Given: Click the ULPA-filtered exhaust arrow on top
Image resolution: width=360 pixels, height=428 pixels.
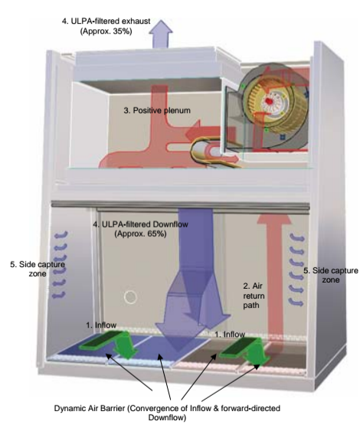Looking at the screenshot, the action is point(161,34).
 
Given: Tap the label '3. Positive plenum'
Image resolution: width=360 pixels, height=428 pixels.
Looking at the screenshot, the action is point(157,110).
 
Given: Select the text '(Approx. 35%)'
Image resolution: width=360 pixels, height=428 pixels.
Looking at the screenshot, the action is point(106,31).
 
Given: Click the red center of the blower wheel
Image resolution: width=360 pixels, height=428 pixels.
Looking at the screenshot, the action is point(269,101).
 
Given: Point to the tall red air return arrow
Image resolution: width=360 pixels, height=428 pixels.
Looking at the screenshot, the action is point(274,276).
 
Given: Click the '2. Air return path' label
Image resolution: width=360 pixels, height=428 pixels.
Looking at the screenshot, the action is point(254,296).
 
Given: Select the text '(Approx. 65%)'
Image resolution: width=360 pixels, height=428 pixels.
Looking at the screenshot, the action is point(140,234).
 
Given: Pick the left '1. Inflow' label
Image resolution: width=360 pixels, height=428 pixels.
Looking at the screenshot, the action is point(101,325).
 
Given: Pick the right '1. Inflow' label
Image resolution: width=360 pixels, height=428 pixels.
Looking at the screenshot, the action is point(230,334).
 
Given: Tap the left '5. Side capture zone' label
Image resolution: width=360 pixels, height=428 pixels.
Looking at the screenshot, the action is point(38,269).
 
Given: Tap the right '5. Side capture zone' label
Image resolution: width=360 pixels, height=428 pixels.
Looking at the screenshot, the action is point(330,275).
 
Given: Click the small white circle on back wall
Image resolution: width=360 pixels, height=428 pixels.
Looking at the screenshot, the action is point(130,297).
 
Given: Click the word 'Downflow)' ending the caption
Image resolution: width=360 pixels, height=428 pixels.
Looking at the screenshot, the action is point(167,417).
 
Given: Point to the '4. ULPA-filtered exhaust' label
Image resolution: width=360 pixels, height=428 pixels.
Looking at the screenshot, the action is point(106,21).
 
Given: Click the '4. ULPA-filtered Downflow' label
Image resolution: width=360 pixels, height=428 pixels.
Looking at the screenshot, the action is point(140,224).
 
